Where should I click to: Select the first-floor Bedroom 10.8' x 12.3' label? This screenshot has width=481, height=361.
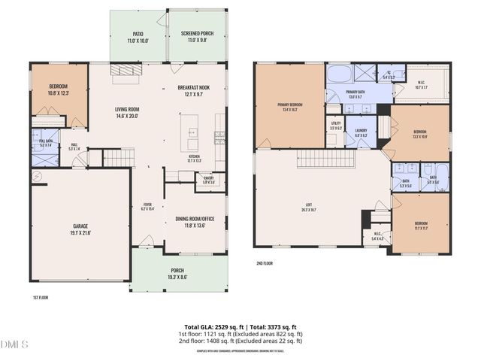tap(58, 89)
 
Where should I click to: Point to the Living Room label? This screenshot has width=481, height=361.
tap(132, 113)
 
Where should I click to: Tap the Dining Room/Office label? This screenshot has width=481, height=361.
tap(195, 221)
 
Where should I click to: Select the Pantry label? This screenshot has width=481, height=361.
tap(208, 180)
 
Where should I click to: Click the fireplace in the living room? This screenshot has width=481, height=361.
tap(126, 69)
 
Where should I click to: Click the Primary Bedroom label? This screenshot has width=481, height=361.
tap(289, 105)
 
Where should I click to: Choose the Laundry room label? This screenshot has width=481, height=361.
tap(360, 133)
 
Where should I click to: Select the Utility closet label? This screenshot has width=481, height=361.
tap(336, 126)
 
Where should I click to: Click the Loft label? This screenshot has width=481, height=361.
tap(308, 208)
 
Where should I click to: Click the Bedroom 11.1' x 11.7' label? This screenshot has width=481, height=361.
tap(420, 226)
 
